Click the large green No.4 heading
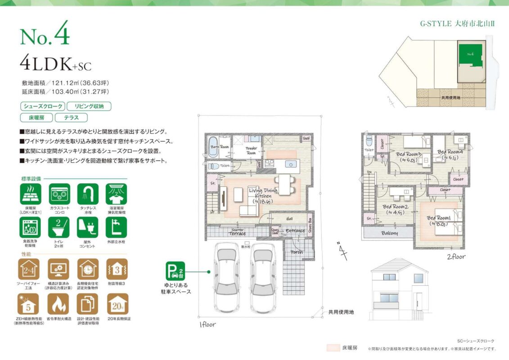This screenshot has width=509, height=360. point(45,37)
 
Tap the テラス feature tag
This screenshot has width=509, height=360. point(71,118)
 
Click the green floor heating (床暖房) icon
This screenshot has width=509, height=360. point(31,194)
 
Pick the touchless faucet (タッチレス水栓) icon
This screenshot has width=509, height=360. point(88,194)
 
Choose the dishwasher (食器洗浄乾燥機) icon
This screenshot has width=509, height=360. point(31,228)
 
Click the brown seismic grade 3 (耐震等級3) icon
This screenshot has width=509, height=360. point(117,269)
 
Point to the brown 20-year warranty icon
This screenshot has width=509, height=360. point(117,304)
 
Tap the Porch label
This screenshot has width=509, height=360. point(297,252)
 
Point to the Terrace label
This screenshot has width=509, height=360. point(237,234)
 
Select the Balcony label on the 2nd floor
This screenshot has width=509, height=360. point(390,233)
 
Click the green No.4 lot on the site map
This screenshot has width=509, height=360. point(469,56)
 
